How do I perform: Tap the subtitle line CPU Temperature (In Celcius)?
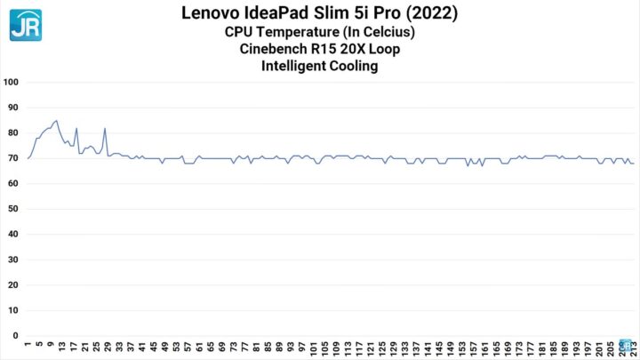319,32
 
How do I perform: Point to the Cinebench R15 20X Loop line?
319,48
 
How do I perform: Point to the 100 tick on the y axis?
12,82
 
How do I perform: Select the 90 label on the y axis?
12,108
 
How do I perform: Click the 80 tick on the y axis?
12,133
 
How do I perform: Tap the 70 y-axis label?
12,158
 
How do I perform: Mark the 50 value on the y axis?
12,210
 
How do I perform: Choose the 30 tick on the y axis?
12,260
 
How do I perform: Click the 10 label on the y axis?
12,311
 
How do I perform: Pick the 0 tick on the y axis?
15,337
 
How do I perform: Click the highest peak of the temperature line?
57,120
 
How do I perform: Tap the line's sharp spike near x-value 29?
105,128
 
